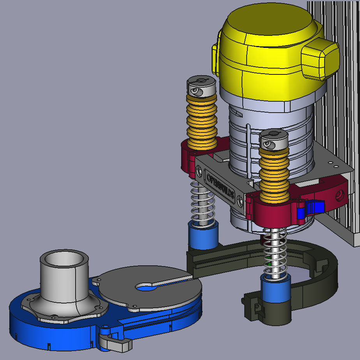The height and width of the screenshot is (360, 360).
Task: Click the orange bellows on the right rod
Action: pos(274,173)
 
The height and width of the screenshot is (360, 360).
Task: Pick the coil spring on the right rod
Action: pos(275,251)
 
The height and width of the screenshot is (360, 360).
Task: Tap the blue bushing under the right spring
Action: pos(276,290)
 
